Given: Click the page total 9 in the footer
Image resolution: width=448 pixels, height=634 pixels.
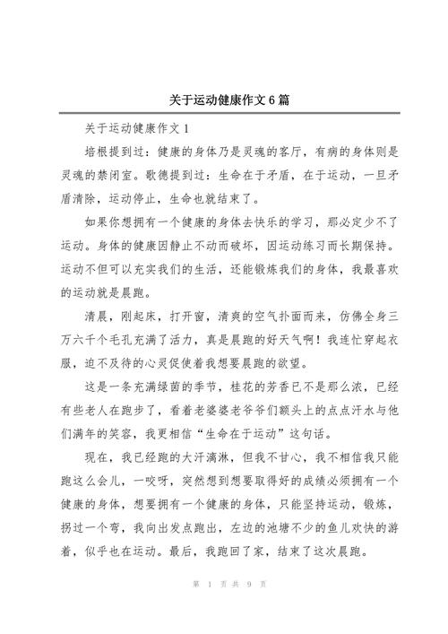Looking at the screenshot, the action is tap(246, 609).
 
